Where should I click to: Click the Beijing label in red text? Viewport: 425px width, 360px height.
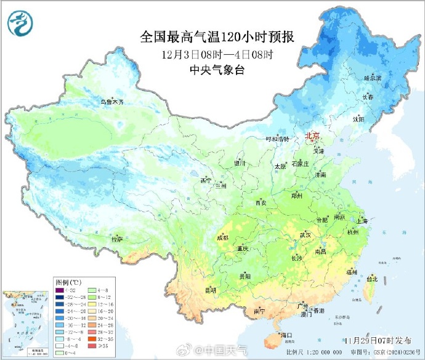tap(313, 136)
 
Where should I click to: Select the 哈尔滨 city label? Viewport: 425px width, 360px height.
tap(373, 78)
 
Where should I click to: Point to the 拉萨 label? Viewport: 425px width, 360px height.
tap(117, 239)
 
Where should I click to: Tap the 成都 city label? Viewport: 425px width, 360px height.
tap(222, 238)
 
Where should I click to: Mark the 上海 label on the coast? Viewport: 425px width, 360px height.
tap(362, 221)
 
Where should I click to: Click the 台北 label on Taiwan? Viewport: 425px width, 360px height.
tap(371, 279)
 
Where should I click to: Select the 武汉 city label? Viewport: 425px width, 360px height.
tap(305, 235)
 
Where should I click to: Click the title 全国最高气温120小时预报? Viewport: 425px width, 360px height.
tap(217, 37)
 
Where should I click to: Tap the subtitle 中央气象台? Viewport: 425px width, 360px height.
tap(217, 70)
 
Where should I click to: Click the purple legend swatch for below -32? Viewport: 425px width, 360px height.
tap(59, 290)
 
